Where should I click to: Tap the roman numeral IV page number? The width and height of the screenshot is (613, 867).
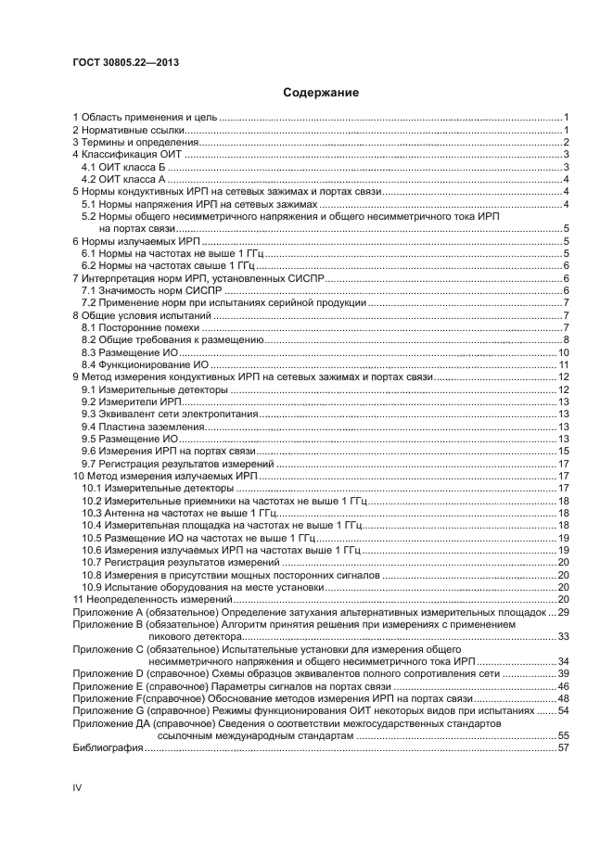[x=78, y=787]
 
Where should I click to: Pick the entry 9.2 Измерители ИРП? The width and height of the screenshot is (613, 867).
[x=132, y=402]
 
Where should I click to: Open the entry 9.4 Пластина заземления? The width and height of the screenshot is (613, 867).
[x=141, y=427]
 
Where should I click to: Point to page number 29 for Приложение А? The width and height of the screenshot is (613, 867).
[x=562, y=612]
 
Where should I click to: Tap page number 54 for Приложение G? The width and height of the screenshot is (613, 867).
[x=562, y=710]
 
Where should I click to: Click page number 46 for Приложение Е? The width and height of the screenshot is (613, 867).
[x=562, y=685]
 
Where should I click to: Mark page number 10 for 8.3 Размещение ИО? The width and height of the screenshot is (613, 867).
[x=562, y=352]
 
